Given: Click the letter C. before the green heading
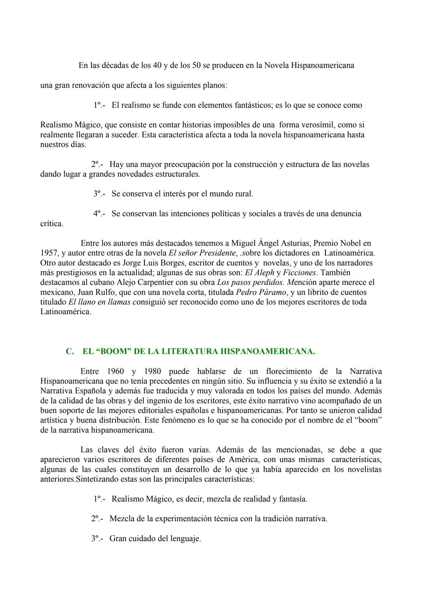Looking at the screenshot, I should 70,351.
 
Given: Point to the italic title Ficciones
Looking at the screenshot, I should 299,272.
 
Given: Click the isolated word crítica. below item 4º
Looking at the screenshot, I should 52,224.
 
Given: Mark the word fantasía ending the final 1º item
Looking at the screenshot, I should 292,499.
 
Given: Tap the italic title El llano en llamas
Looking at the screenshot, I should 99,302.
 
